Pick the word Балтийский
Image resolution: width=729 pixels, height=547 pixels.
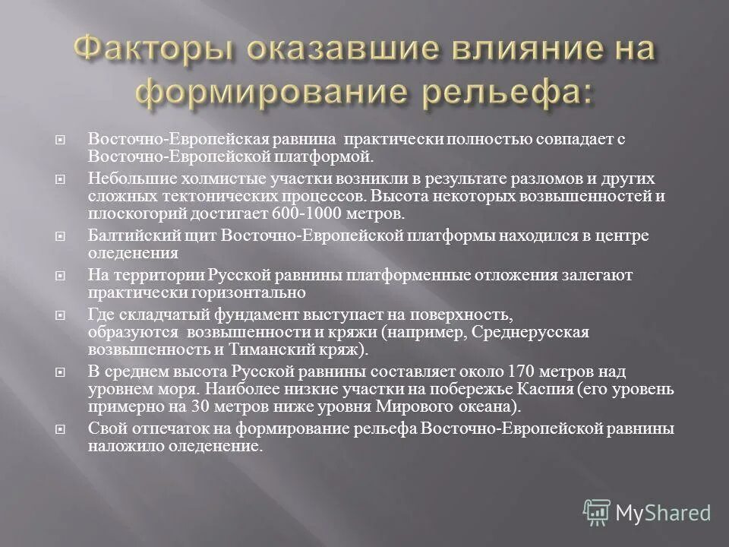pos(130,236)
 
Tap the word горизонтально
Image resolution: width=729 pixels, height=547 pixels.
pos(244,292)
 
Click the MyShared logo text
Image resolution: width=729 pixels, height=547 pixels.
pos(662,513)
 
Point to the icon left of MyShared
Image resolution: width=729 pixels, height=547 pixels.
pos(597,513)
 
